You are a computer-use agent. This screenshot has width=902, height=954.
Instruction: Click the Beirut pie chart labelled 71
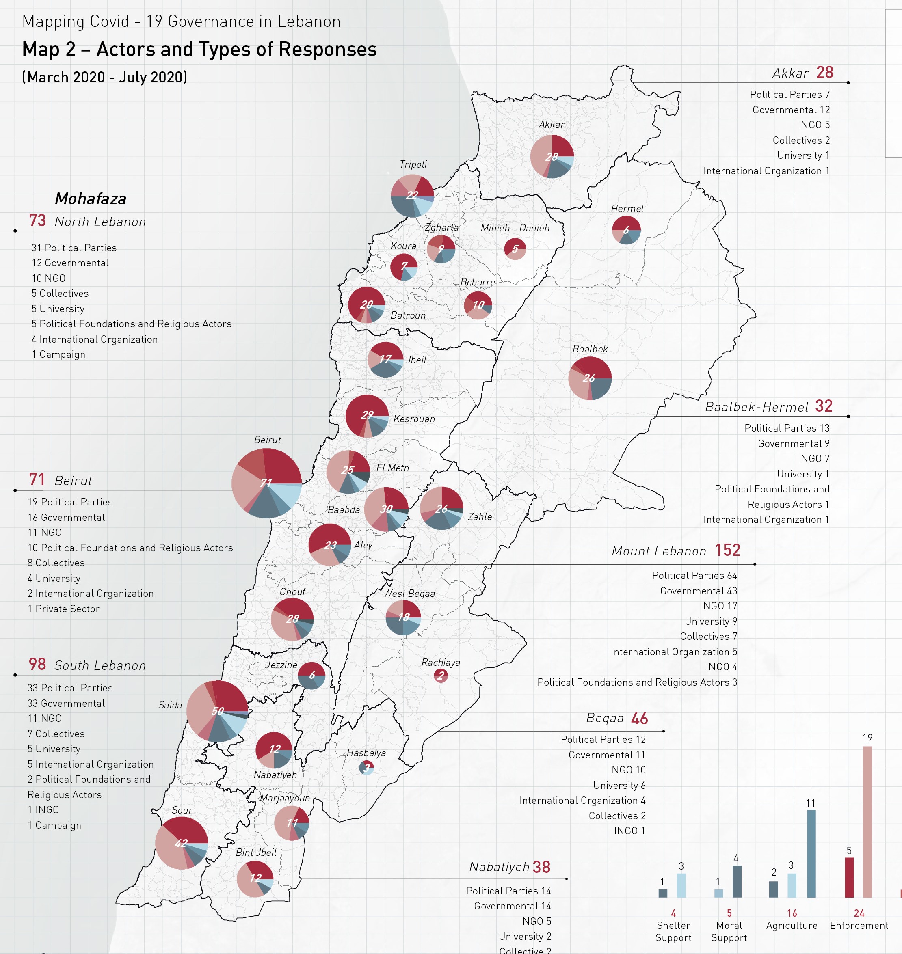267,483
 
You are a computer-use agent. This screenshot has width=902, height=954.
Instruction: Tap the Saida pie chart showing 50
217,711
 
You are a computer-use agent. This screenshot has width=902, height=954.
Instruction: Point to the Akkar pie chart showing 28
552,157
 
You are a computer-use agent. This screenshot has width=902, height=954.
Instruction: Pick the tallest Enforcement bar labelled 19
867,822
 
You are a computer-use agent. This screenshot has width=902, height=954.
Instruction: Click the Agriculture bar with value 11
811,854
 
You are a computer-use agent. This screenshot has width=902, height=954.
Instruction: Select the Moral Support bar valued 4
737,881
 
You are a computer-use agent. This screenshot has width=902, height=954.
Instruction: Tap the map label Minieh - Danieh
515,228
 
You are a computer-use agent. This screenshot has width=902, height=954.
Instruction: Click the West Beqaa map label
409,594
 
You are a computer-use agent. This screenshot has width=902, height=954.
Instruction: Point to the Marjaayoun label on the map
285,798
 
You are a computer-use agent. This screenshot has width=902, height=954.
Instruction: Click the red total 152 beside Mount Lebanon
727,550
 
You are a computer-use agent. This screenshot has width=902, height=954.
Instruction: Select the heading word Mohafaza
91,199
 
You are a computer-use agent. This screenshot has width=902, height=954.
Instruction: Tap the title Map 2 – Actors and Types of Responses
199,49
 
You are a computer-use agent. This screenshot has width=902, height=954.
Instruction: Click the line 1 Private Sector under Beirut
63,609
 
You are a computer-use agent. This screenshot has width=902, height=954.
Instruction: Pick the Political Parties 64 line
694,575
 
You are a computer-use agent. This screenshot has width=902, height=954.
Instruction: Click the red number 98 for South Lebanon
37,664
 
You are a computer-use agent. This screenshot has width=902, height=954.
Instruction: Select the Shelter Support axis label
673,931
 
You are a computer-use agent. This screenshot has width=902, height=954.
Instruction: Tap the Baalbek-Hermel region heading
756,407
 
